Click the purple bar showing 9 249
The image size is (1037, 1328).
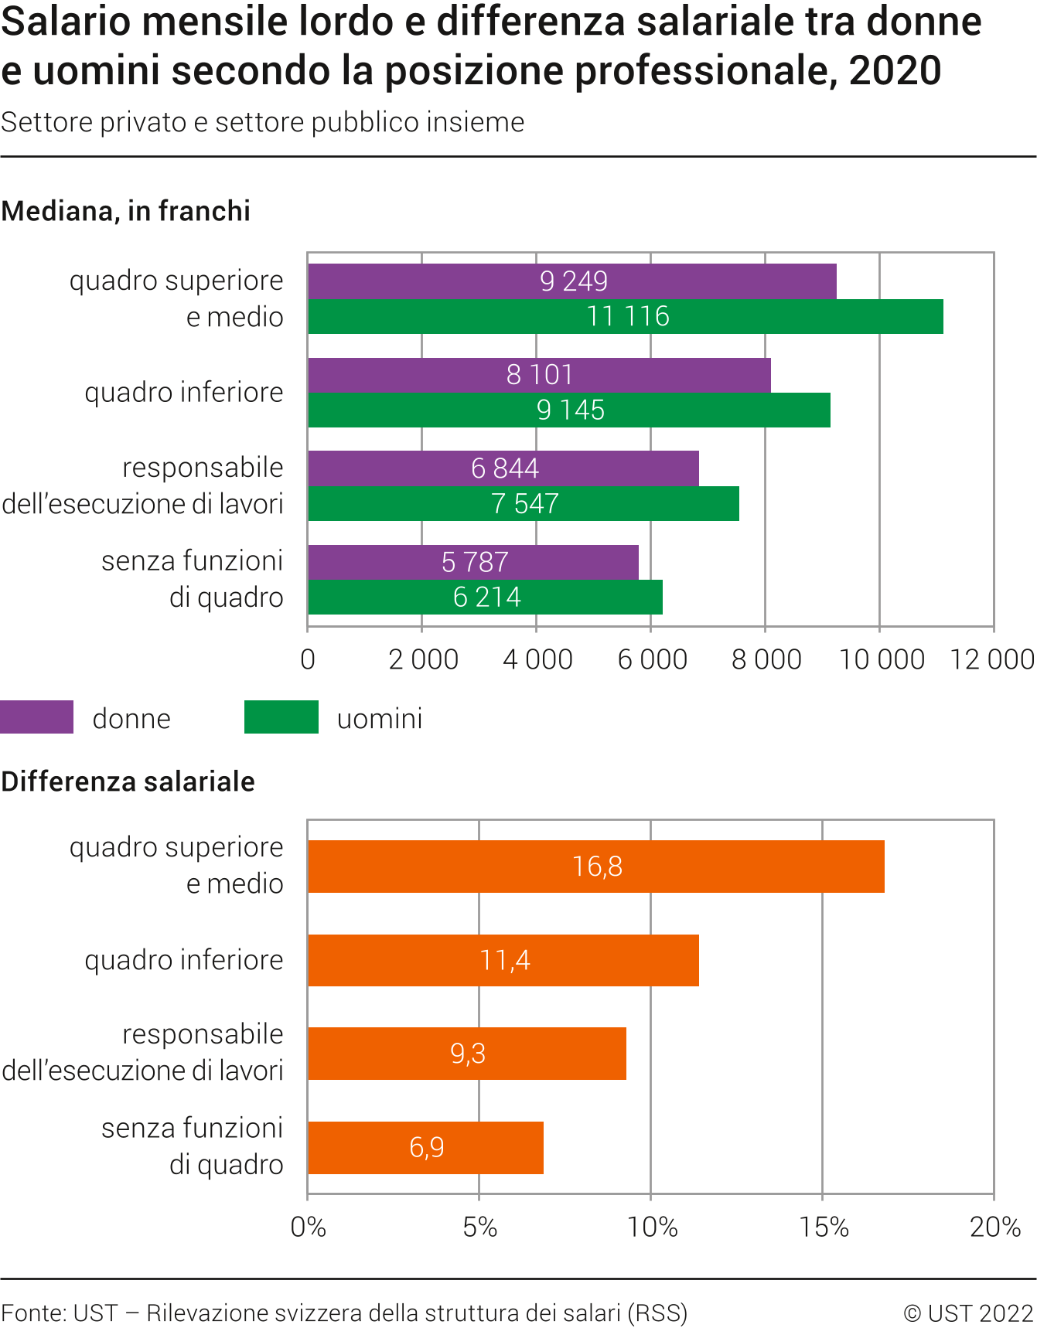pyautogui.click(x=572, y=281)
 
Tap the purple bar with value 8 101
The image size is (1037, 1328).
pyautogui.click(x=539, y=375)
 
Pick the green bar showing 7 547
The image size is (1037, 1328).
pyautogui.click(x=524, y=504)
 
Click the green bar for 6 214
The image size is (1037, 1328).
pyautogui.click(x=485, y=598)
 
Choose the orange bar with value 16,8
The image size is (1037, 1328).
pyautogui.click(x=595, y=867)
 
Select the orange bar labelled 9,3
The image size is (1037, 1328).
pyautogui.click(x=467, y=1054)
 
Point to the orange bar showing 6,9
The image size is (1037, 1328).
pyautogui.click(x=425, y=1147)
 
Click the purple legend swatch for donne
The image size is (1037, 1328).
pyautogui.click(x=36, y=717)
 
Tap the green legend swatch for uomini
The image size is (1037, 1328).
pyautogui.click(x=281, y=717)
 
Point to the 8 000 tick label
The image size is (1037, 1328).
pyautogui.click(x=766, y=659)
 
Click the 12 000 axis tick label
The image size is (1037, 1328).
pyautogui.click(x=992, y=659)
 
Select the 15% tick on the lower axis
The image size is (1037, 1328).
pyautogui.click(x=823, y=1227)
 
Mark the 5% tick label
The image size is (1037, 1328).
pyautogui.click(x=479, y=1227)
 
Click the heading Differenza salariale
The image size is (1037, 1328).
pyautogui.click(x=128, y=781)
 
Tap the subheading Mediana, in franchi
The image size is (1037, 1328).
pyautogui.click(x=126, y=211)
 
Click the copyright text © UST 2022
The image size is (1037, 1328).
pyautogui.click(x=968, y=1313)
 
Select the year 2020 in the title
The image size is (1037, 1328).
pyautogui.click(x=895, y=70)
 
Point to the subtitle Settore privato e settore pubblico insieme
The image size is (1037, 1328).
pyautogui.click(x=263, y=122)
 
